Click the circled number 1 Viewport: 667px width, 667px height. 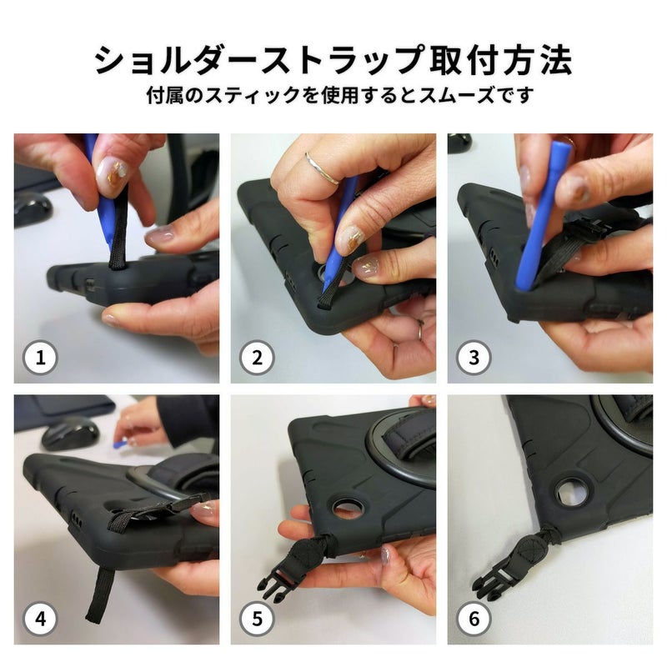point(40,358)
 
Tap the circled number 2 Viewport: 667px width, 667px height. point(257,358)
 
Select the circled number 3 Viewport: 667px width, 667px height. point(474,358)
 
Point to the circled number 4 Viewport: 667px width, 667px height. point(40,619)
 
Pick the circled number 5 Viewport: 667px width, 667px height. point(257,619)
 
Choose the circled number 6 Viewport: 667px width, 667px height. point(474,619)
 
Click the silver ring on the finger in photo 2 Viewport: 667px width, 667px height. point(322,169)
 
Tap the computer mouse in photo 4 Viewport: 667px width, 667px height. point(69,433)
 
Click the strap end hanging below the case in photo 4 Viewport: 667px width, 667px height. point(100,594)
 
